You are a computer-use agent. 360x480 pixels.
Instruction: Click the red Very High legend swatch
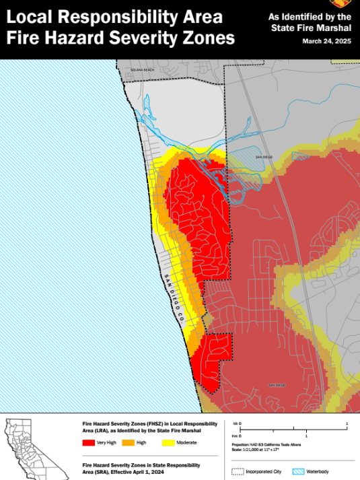tap(89, 442)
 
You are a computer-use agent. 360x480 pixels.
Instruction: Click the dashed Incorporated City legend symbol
tap(237, 472)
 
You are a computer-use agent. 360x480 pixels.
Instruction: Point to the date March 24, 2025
tap(327, 41)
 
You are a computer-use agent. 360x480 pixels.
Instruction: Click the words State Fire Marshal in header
tap(312, 28)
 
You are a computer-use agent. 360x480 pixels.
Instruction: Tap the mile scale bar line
tap(293, 428)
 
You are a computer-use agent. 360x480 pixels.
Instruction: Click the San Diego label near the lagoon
tap(264, 157)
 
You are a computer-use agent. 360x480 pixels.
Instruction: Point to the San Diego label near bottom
tap(277, 385)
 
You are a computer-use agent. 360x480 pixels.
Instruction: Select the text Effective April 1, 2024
tap(135, 472)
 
